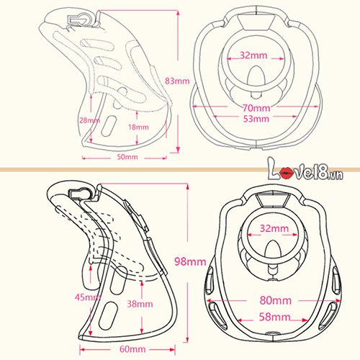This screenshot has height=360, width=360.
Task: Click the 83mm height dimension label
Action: coord(177,81)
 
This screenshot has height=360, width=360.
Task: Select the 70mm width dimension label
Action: coord(256,108)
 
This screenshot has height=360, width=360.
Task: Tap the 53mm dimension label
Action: coord(256,119)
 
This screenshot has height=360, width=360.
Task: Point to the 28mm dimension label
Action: coord(89,120)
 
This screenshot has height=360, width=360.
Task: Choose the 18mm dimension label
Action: coord(138,127)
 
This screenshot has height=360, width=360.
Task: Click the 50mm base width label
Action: coord(127,157)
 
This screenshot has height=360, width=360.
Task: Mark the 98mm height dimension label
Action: coord(190,261)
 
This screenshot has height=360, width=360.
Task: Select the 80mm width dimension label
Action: coord(276,300)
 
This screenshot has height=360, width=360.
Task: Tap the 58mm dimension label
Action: coord(275,317)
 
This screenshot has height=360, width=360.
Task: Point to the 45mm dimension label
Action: coord(88,297)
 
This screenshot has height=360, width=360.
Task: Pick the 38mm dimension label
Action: coord(140,304)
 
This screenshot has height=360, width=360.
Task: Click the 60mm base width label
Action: coord(132,349)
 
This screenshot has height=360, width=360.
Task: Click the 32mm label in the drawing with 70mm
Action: coord(253,55)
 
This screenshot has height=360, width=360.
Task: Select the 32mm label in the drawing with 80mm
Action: coord(274,228)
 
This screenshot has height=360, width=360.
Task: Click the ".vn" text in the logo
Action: coord(336,175)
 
